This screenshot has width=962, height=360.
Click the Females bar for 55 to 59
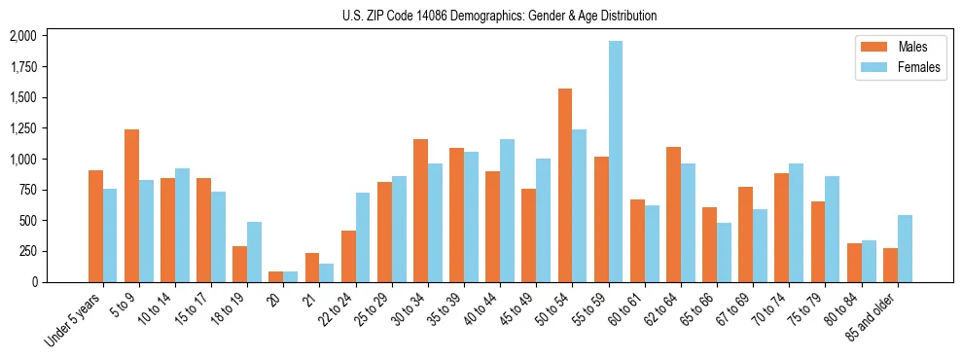[x=616, y=162]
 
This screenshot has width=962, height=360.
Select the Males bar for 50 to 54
[x=565, y=185]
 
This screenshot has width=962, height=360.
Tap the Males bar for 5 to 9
[x=131, y=205]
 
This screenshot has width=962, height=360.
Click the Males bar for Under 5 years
[x=95, y=226]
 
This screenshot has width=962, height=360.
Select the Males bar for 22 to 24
[x=348, y=256]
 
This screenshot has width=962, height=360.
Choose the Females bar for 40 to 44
[x=507, y=210]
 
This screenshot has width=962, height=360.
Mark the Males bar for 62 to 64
[x=673, y=214]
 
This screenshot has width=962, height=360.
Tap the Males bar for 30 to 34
[x=420, y=210]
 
